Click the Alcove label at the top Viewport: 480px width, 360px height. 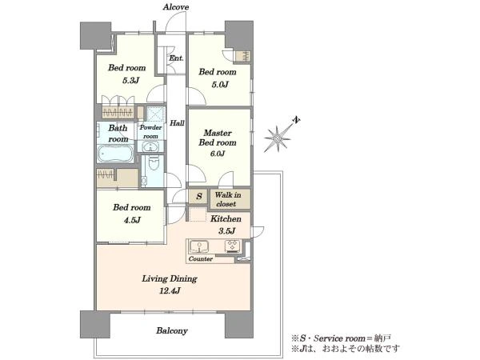176,7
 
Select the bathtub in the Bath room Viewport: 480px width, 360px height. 115,154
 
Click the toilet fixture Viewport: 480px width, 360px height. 154,162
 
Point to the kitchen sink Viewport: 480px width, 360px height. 199,246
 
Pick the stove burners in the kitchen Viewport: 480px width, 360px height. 234,246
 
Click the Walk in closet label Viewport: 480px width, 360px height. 227,199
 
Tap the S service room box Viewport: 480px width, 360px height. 199,196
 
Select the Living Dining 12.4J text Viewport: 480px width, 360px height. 170,284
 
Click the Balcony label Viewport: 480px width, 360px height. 172,330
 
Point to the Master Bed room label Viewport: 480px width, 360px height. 218,138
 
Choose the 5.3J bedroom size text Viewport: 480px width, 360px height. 130,81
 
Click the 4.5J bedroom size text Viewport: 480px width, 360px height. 132,220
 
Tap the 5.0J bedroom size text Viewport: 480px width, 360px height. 220,85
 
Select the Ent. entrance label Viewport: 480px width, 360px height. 176,58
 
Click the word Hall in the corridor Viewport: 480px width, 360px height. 177,123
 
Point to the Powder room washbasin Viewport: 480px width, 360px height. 150,146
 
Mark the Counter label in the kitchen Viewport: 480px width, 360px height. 201,259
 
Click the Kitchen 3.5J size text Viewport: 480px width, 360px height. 227,231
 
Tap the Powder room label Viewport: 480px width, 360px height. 150,132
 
